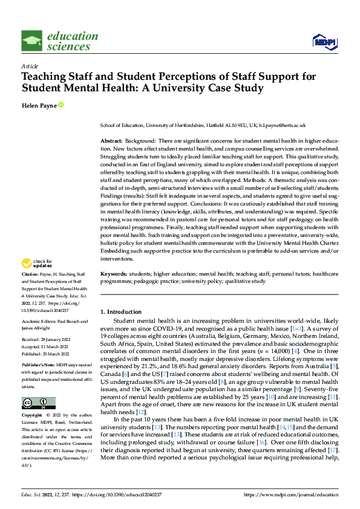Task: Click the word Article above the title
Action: [30, 66]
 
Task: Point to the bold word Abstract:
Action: [112, 140]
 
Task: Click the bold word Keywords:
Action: [113, 274]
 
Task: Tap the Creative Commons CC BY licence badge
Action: [38, 403]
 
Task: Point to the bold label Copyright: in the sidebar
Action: [33, 417]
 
